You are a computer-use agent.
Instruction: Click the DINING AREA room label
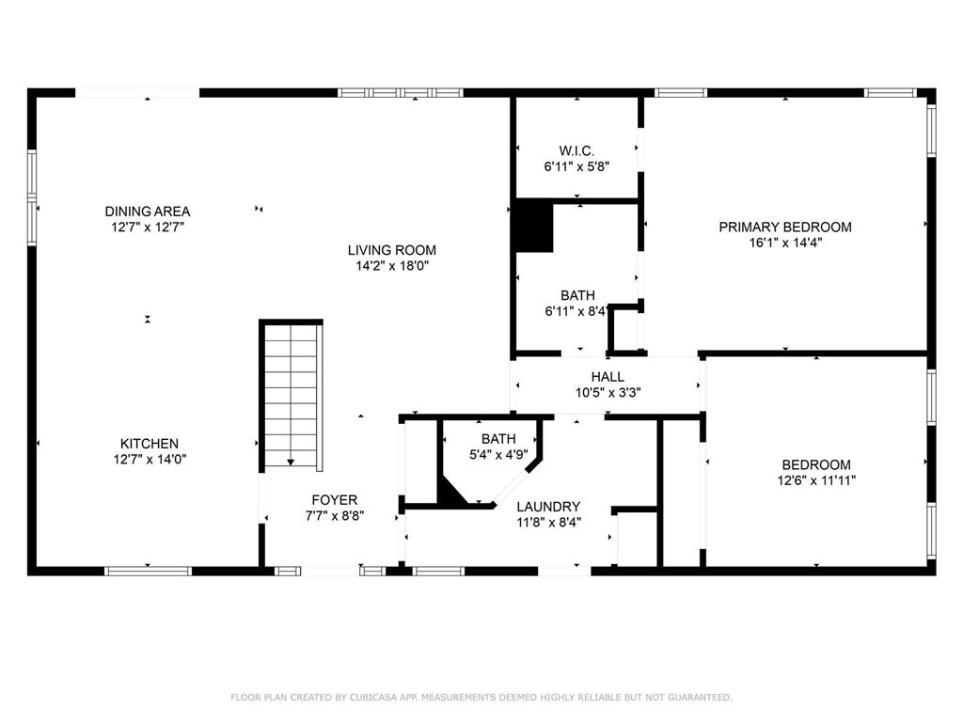click(x=147, y=212)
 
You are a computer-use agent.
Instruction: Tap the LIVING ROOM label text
click(x=392, y=250)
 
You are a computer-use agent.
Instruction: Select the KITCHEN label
click(x=149, y=444)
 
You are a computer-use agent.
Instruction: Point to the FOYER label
click(x=335, y=500)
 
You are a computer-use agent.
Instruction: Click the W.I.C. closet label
click(x=576, y=150)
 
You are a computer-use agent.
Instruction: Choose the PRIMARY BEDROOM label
click(x=785, y=227)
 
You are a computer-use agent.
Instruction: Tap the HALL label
click(x=608, y=377)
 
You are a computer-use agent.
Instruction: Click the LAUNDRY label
click(x=548, y=507)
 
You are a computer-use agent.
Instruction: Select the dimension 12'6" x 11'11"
click(x=816, y=480)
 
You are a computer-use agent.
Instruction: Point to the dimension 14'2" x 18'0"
click(x=392, y=266)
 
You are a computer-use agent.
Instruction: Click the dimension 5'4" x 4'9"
click(x=498, y=454)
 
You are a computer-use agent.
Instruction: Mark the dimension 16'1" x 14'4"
click(x=785, y=243)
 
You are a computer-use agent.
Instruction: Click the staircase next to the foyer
click(x=292, y=395)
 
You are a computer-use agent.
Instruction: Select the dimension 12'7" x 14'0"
click(x=149, y=460)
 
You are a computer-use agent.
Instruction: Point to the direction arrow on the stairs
click(x=292, y=461)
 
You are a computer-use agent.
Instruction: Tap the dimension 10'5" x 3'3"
click(x=608, y=393)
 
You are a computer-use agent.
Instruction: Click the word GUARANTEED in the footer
click(x=697, y=698)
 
